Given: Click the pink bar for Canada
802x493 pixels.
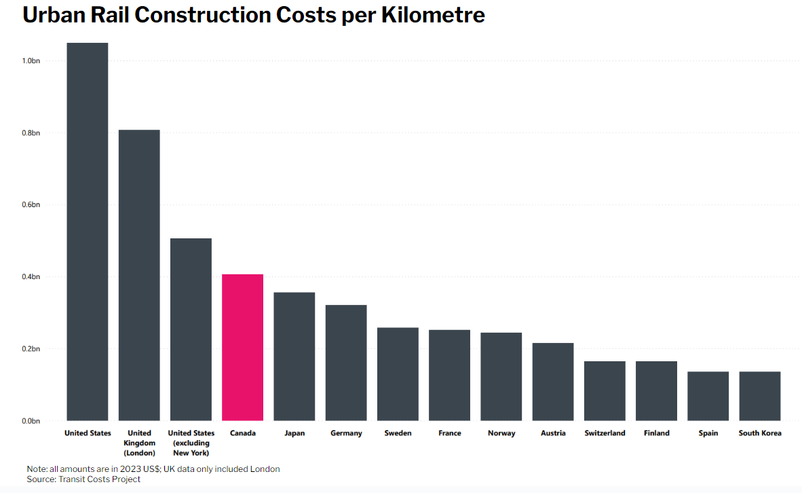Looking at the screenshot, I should [x=242, y=347].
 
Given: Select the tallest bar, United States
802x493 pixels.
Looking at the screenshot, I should [x=88, y=232].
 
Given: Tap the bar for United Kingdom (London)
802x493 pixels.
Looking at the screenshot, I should [x=139, y=275].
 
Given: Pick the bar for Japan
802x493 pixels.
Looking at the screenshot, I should [x=294, y=357].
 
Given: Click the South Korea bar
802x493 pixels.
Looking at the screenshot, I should [x=759, y=396].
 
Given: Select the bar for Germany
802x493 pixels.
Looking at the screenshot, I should [x=346, y=363].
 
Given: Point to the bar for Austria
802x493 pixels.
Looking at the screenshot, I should [x=552, y=382].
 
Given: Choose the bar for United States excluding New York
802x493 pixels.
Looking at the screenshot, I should [x=191, y=329].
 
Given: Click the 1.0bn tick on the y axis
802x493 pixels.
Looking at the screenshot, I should [x=31, y=61].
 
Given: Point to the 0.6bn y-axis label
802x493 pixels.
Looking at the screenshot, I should [x=31, y=205].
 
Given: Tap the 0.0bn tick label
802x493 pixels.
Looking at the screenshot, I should [x=31, y=421].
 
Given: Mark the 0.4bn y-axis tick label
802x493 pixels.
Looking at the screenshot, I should [x=31, y=277].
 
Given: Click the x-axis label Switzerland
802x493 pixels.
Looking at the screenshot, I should [x=605, y=433].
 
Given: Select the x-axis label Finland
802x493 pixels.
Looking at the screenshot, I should [x=656, y=433].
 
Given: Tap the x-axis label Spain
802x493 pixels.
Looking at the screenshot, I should [x=708, y=433].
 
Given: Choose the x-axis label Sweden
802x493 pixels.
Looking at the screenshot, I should [x=398, y=433].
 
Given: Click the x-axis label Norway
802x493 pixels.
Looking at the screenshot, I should [x=501, y=433].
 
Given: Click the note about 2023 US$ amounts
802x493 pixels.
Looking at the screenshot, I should [x=153, y=469].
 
